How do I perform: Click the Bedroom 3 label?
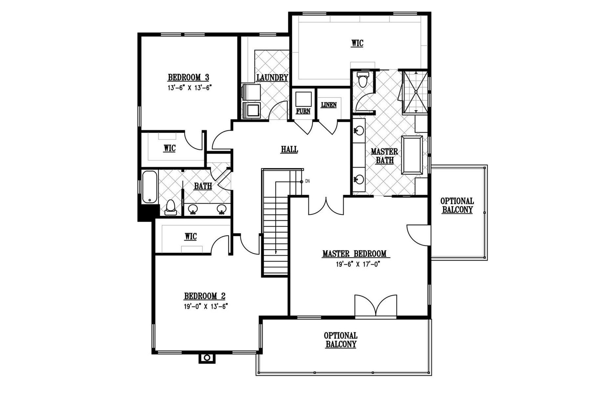[x=188, y=77]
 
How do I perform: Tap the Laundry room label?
[x=272, y=78]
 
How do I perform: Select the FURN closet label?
[x=303, y=111]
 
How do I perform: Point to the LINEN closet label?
[x=329, y=105]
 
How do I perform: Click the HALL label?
[x=289, y=150]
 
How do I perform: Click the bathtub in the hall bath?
[x=150, y=187]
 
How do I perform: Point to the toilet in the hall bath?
[x=170, y=207]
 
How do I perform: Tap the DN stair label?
[x=307, y=181]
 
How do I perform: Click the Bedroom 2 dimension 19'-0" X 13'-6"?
[x=206, y=306]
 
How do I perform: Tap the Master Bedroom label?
[x=354, y=254]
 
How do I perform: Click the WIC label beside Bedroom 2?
[x=191, y=237]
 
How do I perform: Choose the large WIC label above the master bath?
[x=357, y=43]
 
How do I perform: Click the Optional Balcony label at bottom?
[x=340, y=340]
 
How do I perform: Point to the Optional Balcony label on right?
[x=457, y=206]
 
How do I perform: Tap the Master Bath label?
[x=384, y=156]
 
